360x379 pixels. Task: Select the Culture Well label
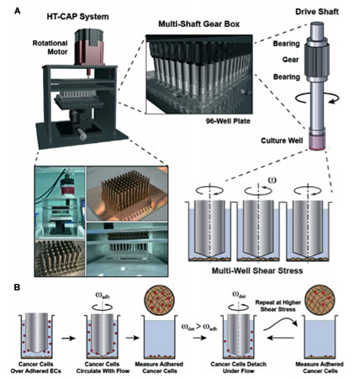click(280, 125)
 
